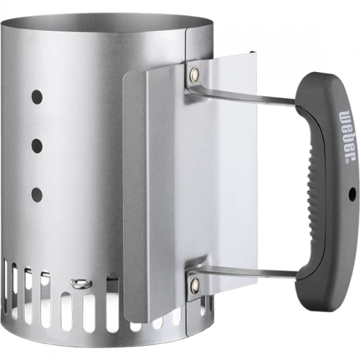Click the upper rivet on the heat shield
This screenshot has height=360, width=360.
(x=194, y=71)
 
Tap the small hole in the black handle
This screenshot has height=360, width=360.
(x=351, y=192)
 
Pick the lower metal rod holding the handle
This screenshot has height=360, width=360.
(x=247, y=272)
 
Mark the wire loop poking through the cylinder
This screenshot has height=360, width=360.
(x=80, y=284)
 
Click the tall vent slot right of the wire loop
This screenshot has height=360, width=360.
(x=110, y=300)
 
